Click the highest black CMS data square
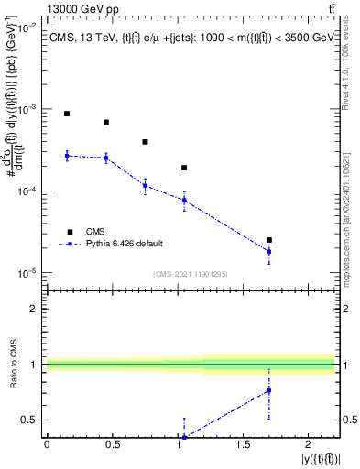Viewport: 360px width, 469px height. coord(67,114)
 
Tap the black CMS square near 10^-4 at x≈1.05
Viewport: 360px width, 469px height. coord(184,168)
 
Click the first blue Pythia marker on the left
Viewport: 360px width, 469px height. coord(67,156)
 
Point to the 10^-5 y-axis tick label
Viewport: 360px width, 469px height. coord(24,273)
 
